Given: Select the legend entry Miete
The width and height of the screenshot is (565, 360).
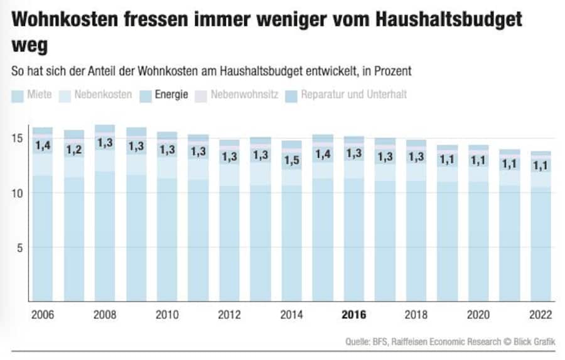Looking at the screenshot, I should [x=32, y=95].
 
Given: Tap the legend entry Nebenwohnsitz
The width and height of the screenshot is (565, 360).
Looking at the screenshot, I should [x=235, y=95].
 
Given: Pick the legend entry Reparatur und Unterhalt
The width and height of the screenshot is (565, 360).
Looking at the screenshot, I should [x=346, y=95].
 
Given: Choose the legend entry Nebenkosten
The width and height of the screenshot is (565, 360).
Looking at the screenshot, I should [x=95, y=95].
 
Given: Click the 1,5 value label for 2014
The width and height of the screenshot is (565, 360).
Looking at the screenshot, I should [x=291, y=160].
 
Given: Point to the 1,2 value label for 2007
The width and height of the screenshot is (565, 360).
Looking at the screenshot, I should [x=74, y=150].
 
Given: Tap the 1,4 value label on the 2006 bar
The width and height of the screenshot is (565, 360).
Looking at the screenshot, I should [x=42, y=146].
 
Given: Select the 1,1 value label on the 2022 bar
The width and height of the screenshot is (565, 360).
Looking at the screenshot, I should [x=541, y=166].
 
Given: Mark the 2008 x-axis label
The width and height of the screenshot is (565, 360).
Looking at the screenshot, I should [x=104, y=315].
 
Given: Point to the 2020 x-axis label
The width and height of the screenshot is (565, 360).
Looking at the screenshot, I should [x=478, y=315].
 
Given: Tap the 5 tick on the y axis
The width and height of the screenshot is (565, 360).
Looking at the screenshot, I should [x=20, y=247].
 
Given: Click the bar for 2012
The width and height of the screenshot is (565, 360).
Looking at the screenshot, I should [x=229, y=239].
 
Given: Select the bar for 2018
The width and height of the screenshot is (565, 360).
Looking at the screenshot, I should [x=416, y=239].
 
